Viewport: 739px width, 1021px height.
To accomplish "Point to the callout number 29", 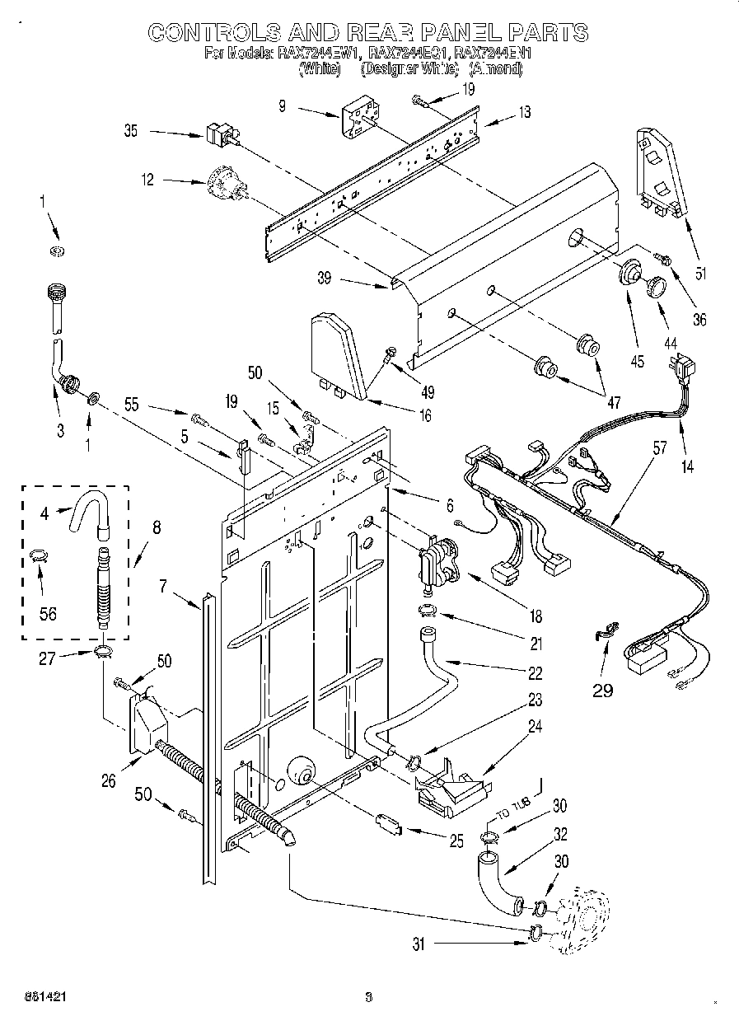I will (x=603, y=690).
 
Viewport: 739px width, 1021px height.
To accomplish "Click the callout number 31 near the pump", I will (x=419, y=945).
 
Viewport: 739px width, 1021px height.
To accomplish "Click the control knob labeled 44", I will (x=657, y=285).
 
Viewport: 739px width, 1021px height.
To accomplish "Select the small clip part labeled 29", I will (x=604, y=631).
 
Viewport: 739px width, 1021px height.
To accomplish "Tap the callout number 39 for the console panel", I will (x=324, y=279).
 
